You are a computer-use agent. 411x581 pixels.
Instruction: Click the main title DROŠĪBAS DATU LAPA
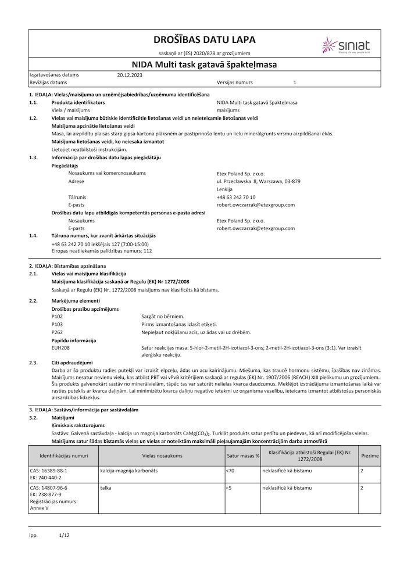[204, 40]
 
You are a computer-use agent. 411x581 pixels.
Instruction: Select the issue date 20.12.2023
[129, 75]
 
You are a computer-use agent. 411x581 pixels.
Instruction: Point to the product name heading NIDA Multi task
[205, 65]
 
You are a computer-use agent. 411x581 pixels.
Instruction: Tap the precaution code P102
[57, 315]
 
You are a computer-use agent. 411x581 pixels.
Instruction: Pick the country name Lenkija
[224, 189]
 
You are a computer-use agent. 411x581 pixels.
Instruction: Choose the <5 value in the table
[228, 489]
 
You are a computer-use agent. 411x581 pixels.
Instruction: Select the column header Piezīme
[370, 456]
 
